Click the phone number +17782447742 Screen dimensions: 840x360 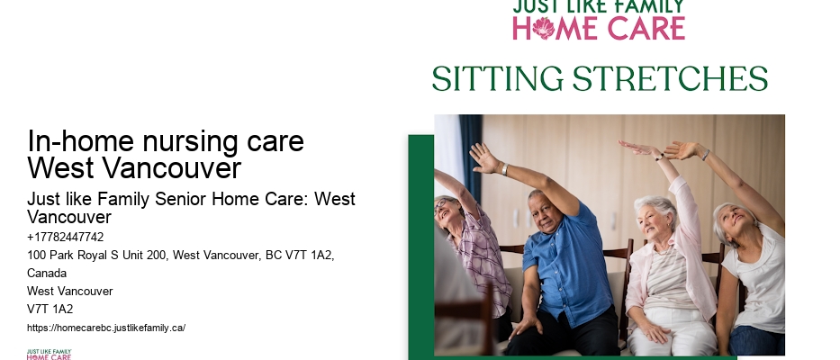(x=66, y=237)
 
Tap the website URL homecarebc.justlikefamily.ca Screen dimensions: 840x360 (x=106, y=328)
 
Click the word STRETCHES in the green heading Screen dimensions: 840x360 (x=670, y=79)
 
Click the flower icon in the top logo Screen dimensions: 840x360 (x=543, y=28)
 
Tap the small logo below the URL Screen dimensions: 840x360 (x=49, y=354)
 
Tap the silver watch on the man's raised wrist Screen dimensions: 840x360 (x=505, y=169)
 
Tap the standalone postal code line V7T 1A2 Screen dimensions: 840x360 (x=50, y=309)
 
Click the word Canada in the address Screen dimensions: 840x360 (x=47, y=274)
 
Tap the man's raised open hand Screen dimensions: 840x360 (x=484, y=157)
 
